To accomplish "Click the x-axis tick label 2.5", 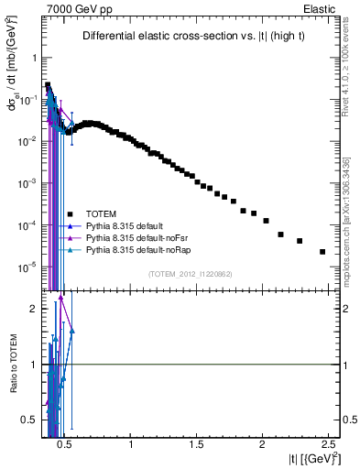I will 327,444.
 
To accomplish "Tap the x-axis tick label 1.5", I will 197,444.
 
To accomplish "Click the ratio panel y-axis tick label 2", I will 30,309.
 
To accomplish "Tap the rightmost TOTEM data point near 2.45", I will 322,252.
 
